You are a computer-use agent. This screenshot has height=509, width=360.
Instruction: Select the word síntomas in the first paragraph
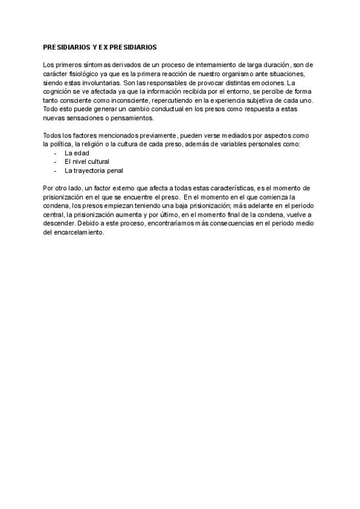click(92, 64)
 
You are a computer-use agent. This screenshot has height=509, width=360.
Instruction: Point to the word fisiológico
click(82, 73)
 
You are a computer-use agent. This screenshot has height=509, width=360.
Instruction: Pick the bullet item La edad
click(77, 153)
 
